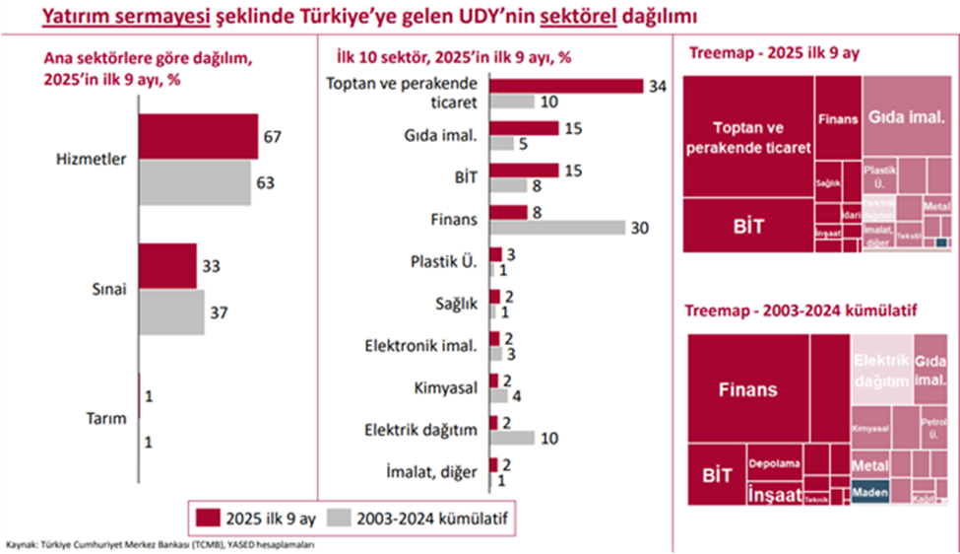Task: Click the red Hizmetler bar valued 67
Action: [x=197, y=137]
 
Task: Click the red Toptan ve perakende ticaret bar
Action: [x=566, y=86]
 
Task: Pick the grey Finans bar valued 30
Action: [x=557, y=227]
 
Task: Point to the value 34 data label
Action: [x=658, y=87]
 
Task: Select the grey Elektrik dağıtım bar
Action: [x=512, y=437]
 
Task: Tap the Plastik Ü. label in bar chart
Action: [x=443, y=262]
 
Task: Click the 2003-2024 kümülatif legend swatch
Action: [x=340, y=517]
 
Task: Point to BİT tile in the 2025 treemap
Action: [x=748, y=226]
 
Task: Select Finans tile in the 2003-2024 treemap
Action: [x=746, y=389]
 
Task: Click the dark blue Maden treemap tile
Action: [x=870, y=491]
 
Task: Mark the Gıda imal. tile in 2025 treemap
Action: [x=906, y=117]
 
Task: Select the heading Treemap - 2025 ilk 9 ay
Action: [x=774, y=54]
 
